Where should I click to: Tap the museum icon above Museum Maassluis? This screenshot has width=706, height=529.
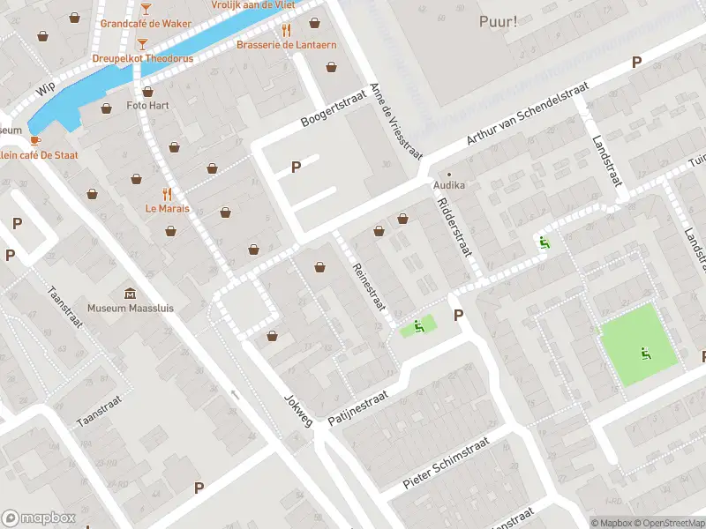[x=130, y=294]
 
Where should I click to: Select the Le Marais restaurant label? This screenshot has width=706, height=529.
[x=167, y=209]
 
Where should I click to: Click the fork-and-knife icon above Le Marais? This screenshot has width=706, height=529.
[x=167, y=194]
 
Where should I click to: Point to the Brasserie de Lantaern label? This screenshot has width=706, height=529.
[x=284, y=44]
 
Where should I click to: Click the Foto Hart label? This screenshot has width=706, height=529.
[x=148, y=105]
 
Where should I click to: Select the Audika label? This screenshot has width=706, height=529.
[x=448, y=186]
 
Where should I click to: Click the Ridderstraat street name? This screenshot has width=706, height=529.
[x=454, y=227]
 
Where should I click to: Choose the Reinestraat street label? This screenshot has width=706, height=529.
[x=369, y=286]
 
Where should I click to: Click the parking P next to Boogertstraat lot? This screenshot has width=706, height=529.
[x=296, y=166]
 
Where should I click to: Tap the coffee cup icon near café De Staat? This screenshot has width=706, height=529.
[x=34, y=141]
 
